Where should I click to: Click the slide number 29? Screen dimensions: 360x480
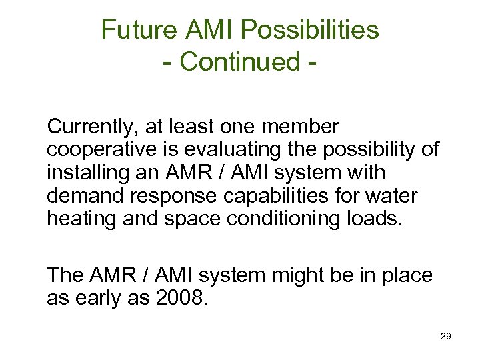point(446,337)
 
